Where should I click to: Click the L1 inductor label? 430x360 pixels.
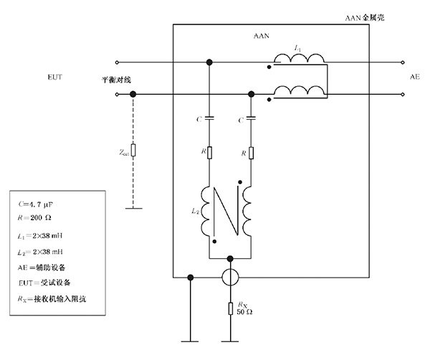coord(297,48)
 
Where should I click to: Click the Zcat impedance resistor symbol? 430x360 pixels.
coord(133,151)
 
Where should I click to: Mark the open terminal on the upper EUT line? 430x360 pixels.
coord(118,62)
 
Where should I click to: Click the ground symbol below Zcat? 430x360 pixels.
coord(133,209)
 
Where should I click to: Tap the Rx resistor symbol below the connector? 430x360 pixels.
coord(230,308)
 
